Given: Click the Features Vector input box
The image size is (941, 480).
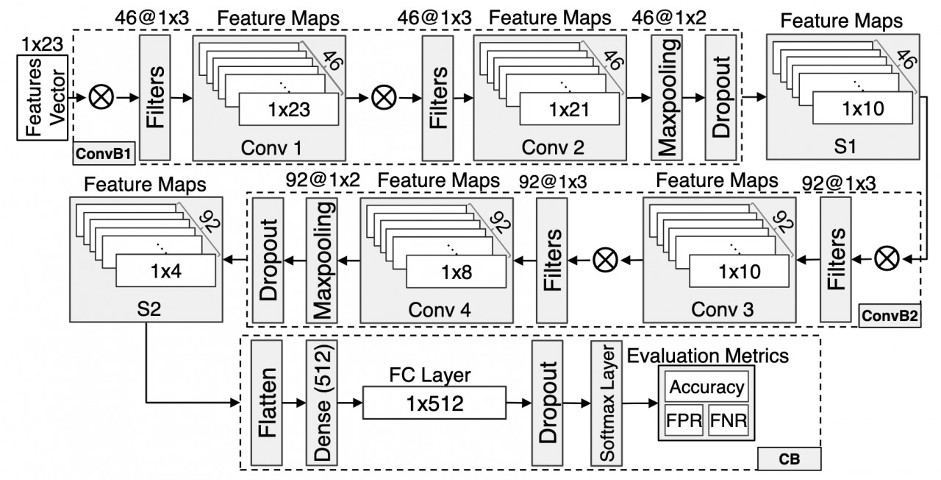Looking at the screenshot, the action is coord(42,97).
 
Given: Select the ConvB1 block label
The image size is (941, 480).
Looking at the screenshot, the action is coord(104,154).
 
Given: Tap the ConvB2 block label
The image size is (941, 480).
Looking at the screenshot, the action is coord(890,316).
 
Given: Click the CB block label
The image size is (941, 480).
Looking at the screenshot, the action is coord(790,459).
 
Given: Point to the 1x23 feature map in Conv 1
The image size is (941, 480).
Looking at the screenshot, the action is coord(289,110).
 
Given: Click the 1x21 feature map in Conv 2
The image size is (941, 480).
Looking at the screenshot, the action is coord(569,110).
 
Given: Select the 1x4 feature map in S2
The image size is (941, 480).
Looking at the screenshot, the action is coord(166,271).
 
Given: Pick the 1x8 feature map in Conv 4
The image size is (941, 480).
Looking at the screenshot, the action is coord(457,272).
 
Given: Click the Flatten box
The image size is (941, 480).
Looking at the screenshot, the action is coord(267,403).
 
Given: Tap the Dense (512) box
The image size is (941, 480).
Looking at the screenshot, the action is coord(322,403).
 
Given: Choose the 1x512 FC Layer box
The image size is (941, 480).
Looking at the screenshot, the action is coord(434,403).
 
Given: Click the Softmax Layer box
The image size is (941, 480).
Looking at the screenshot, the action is coord(607,403).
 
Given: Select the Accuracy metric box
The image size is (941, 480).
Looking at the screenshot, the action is coord(706,387).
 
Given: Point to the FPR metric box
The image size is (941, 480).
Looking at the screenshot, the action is coord(684,420).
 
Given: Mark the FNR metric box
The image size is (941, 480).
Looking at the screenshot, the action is coord(729,420).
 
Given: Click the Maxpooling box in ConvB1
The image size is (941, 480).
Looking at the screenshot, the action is coord(667,98).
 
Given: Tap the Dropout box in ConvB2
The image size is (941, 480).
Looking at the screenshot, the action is coord(268,261).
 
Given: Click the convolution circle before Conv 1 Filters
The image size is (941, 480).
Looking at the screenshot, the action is coord(101,96).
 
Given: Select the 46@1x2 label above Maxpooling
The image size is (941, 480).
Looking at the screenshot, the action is coord(669,18).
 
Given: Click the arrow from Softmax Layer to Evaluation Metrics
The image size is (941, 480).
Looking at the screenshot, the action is coord(640,403).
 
